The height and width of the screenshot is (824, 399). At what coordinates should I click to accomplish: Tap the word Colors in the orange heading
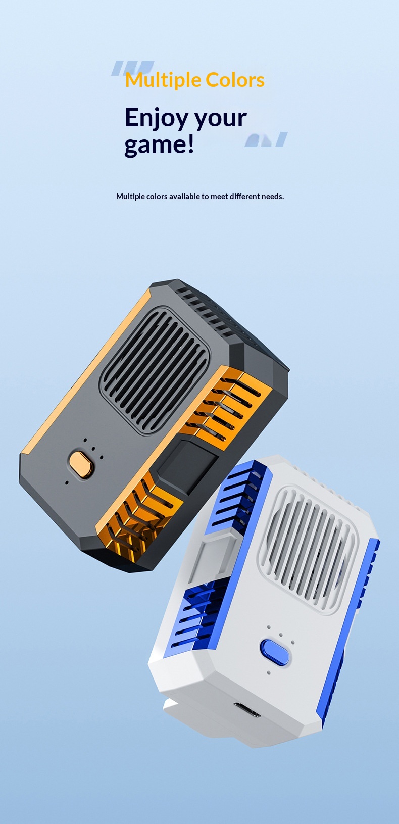[235, 80]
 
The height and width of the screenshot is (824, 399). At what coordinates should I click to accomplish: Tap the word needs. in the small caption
[273, 196]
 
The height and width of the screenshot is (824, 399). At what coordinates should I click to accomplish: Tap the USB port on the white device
[247, 709]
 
